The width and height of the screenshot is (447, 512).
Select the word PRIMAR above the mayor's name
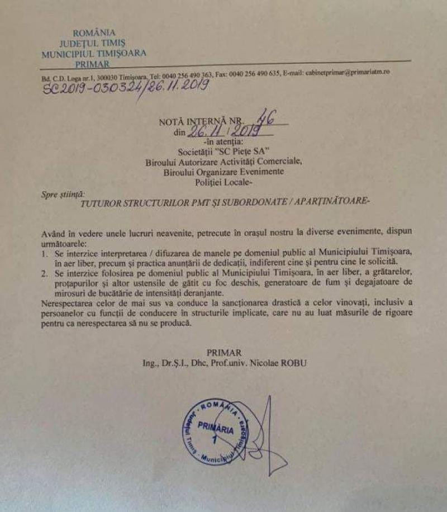[x=223, y=353]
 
